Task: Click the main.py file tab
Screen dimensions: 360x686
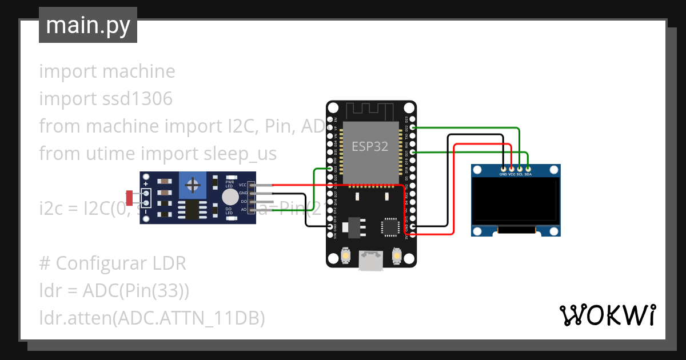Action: (x=87, y=25)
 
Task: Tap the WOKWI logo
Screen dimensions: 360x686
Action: (x=607, y=314)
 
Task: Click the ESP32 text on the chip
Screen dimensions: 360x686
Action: (x=370, y=146)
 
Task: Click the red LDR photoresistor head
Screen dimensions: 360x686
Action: (x=130, y=198)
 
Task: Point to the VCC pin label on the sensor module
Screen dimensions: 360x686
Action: (x=243, y=185)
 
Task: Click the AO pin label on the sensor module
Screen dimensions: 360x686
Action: (x=244, y=210)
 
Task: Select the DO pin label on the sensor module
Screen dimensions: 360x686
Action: (x=244, y=202)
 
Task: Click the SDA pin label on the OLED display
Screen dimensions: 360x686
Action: (x=528, y=174)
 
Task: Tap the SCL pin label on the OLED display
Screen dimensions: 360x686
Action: (x=520, y=174)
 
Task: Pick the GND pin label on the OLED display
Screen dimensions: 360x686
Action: (x=503, y=174)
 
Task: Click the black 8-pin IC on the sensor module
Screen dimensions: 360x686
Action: (x=192, y=210)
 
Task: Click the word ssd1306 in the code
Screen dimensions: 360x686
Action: (x=137, y=99)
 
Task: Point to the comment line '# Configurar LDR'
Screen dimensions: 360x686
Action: (x=113, y=263)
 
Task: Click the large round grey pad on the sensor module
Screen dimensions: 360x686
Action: (x=230, y=197)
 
